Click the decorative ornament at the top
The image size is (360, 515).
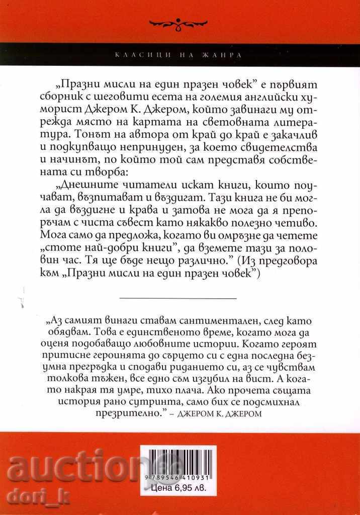pyautogui.click(x=179, y=22)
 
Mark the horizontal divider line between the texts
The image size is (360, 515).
pyautogui.click(x=178, y=298)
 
